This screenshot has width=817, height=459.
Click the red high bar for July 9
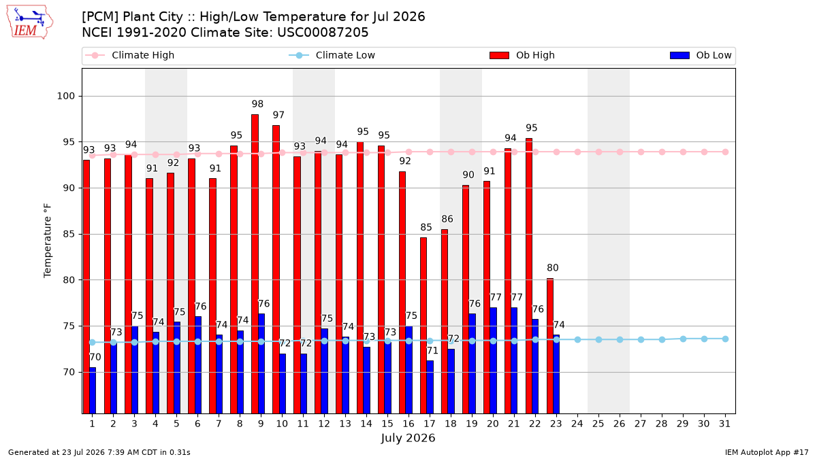point(255,264)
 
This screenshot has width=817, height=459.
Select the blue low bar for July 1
point(93,390)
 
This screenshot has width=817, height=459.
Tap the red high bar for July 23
point(549,345)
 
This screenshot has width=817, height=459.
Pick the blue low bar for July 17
point(430,387)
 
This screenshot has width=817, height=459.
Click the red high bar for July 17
point(423,325)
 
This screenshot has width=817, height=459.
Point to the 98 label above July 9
point(257,104)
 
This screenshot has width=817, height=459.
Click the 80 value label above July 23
point(553,268)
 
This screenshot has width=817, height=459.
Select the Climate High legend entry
point(130,55)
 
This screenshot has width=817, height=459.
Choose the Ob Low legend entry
point(701,55)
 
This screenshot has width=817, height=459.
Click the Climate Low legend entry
point(332,55)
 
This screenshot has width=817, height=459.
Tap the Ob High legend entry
point(522,55)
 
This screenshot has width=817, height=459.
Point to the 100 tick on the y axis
point(65,96)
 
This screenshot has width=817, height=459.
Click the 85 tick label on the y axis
point(69,234)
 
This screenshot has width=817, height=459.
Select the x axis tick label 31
point(724,424)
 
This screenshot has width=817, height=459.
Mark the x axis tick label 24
point(577,424)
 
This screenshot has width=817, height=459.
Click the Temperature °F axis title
point(48,241)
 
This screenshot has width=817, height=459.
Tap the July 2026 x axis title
point(408,438)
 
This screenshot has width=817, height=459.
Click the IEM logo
point(29,22)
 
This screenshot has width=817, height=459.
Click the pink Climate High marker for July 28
point(662,152)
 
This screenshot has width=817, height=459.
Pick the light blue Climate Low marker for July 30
point(704,339)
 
